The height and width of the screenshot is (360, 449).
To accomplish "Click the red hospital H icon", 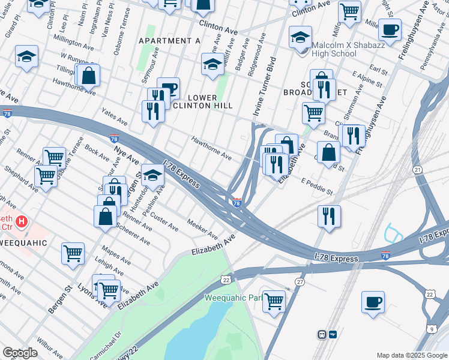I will [x=22, y=221].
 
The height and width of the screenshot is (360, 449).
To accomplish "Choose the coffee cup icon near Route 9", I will [x=373, y=301].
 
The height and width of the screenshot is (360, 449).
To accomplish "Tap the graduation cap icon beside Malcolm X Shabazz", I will [x=300, y=37].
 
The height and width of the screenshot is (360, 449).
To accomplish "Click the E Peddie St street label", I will [x=317, y=186].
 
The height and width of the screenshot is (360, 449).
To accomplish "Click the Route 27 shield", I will [x=300, y=281].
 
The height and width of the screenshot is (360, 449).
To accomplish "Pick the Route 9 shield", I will [x=432, y=328].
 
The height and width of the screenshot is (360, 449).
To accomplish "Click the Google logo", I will [x=20, y=353].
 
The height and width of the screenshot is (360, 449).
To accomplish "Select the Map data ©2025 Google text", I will [x=411, y=355].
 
